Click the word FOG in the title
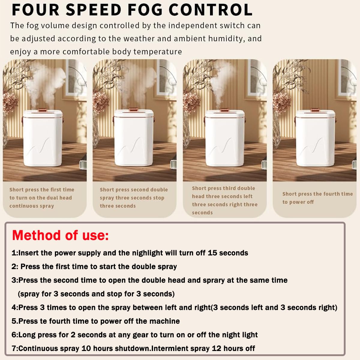click(145, 10)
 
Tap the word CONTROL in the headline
click(211, 10)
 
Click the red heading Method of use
click(60, 235)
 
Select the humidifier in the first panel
click(43, 137)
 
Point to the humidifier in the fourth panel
click(315, 137)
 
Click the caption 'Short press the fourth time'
click(317, 194)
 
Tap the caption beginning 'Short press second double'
click(133, 198)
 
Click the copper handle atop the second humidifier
click(133, 109)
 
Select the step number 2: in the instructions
click(15, 267)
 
